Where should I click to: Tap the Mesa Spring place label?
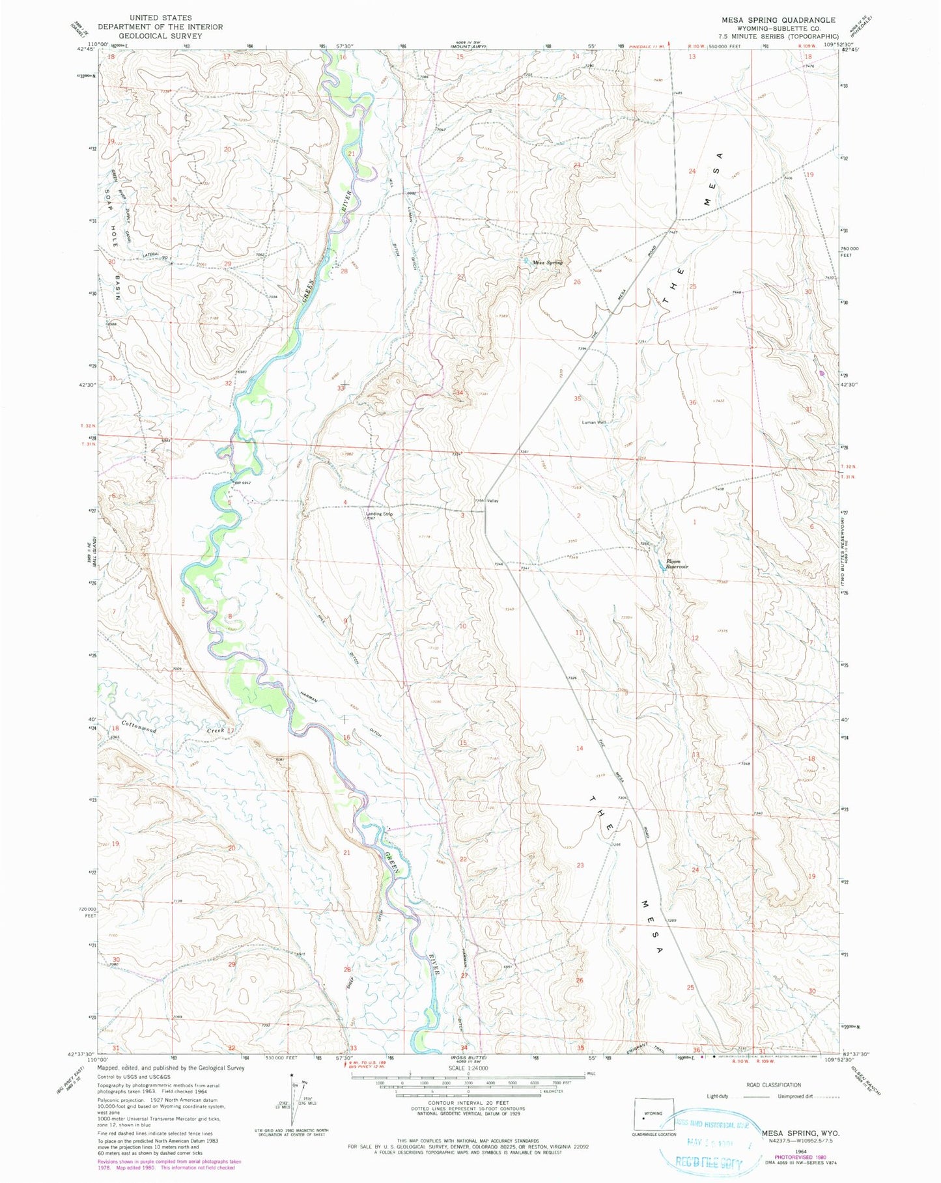point(546,263)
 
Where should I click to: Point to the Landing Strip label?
point(379,514)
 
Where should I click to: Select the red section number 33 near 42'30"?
point(340,388)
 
